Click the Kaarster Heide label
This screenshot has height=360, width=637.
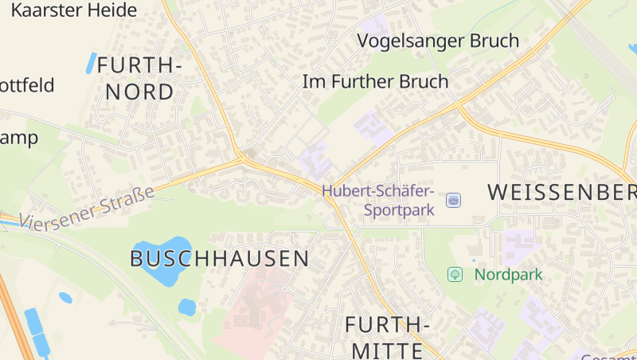74,10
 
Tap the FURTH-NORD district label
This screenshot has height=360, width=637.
139,78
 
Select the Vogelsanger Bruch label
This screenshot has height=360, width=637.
438,41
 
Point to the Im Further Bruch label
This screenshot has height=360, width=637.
376,81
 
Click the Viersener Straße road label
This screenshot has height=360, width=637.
87,209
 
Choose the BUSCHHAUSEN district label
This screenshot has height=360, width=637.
219,258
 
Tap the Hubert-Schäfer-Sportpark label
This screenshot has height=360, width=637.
378,201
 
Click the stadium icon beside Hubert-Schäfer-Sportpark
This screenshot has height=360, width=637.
454,200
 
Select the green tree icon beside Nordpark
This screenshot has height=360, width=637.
455,275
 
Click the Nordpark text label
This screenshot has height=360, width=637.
508,275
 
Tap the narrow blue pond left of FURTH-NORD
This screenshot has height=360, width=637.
91,63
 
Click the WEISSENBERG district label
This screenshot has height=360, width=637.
561,192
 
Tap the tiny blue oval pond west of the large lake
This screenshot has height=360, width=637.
65,298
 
